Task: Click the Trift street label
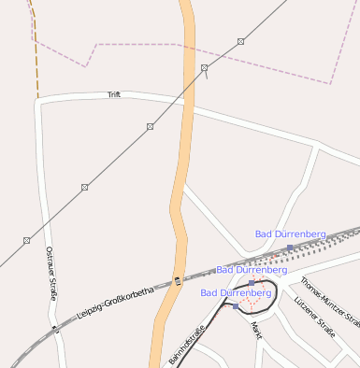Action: point(114,95)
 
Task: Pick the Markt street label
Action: point(256,331)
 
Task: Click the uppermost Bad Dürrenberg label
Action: point(290,234)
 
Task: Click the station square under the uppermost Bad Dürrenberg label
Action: point(290,248)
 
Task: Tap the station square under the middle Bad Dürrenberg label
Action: point(252,282)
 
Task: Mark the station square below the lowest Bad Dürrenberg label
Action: point(236,306)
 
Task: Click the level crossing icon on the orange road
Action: point(177,280)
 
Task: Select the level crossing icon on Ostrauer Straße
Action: point(57,328)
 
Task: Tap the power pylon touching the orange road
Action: point(205,68)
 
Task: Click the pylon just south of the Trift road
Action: point(150,126)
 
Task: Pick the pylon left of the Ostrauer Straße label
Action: point(26,240)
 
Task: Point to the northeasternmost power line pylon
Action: point(241,41)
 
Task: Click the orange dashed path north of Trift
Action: point(36,56)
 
